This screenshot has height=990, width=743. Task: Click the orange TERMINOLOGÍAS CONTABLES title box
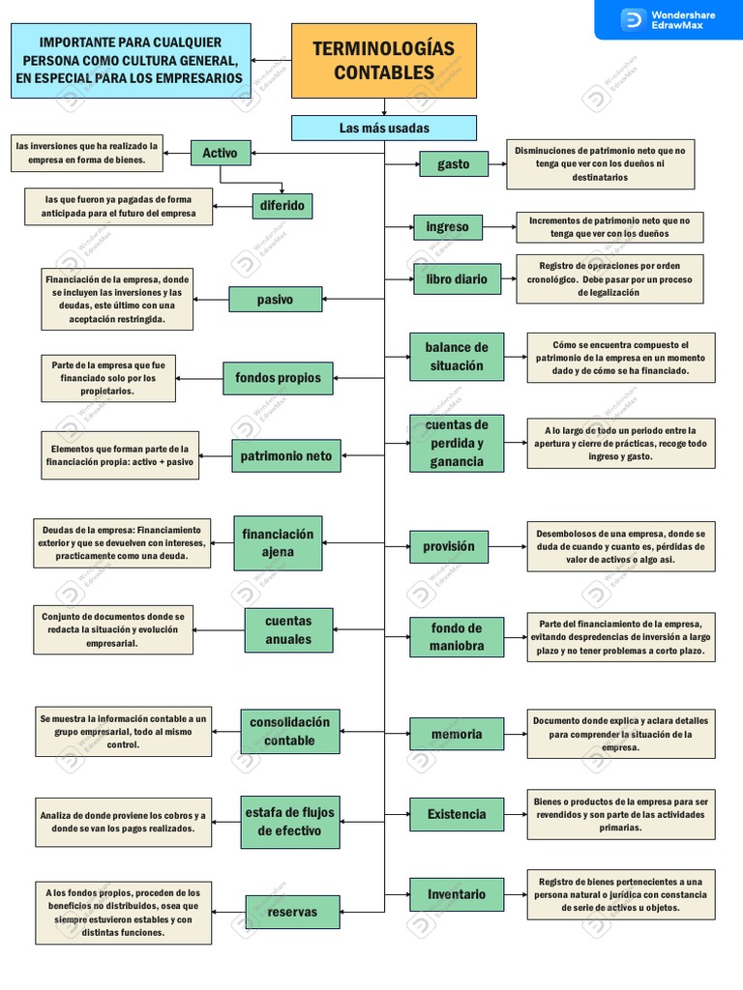tap(384, 61)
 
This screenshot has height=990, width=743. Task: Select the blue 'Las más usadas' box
tap(384, 128)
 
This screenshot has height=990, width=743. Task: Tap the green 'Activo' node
tap(220, 152)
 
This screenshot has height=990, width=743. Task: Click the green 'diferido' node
tap(282, 205)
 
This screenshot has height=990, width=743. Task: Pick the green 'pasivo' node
tap(275, 300)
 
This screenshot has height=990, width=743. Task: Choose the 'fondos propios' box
tap(278, 378)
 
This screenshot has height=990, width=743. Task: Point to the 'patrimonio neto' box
tap(285, 456)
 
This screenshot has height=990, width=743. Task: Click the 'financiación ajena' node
tap(278, 543)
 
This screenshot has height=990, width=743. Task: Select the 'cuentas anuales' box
tap(288, 630)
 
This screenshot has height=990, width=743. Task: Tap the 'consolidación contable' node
tap(289, 732)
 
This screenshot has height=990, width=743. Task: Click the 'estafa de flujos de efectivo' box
tap(289, 822)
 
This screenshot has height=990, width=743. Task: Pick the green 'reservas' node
tap(291, 912)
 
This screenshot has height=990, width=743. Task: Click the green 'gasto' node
tap(453, 164)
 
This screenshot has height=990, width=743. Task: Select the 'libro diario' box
tap(457, 279)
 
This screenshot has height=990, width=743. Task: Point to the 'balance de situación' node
tap(457, 357)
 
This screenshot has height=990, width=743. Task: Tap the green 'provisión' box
tap(449, 546)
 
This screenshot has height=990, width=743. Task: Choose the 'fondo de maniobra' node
tap(457, 636)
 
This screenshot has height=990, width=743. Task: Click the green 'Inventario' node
tap(457, 894)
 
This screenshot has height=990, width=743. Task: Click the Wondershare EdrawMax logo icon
tap(633, 19)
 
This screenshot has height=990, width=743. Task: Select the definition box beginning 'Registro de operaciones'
tap(609, 279)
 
